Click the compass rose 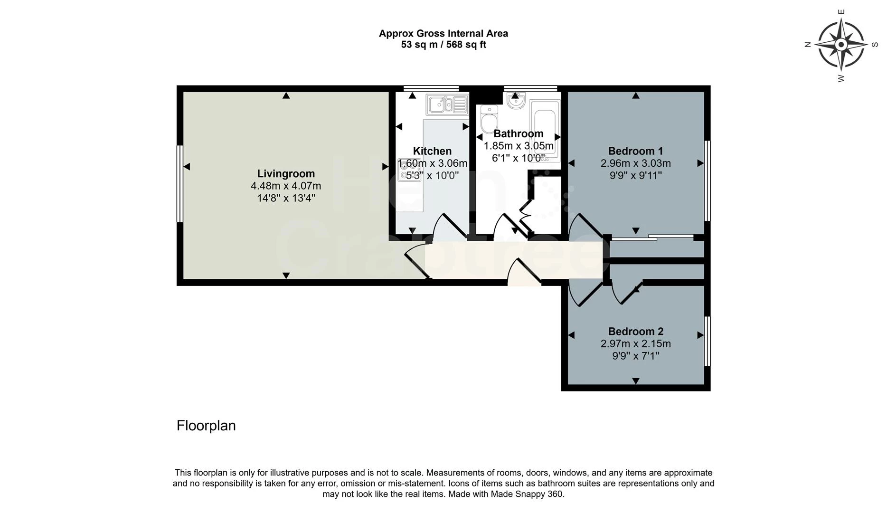(841, 45)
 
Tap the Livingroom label (286, 173)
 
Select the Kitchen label (432, 151)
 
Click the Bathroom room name (519, 133)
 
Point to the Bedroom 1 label (635, 151)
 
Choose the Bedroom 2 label (636, 332)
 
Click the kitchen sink (447, 104)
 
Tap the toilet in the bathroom (489, 119)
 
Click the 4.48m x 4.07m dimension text (286, 186)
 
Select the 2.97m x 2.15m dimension (636, 343)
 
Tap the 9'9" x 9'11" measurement (636, 175)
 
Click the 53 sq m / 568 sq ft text (443, 45)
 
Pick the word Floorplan (206, 426)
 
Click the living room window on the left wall (180, 184)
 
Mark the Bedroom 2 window (707, 341)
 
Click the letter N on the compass (807, 45)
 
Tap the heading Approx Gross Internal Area (443, 33)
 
